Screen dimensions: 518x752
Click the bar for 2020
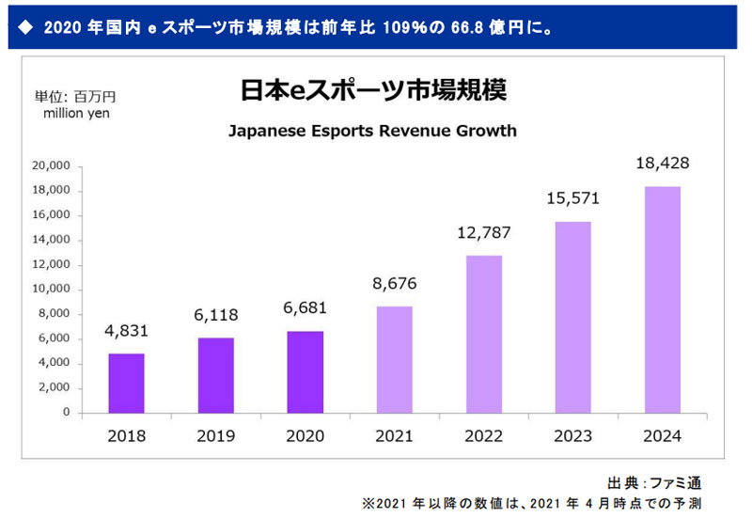[x=305, y=371]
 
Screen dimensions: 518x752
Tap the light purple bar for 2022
[x=485, y=334]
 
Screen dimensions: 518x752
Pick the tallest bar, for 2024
[x=664, y=299]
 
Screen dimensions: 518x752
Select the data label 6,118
[x=215, y=313]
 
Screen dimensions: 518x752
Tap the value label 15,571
[x=573, y=198]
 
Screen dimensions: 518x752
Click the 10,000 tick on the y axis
[x=51, y=289]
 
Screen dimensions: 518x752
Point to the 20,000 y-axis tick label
[x=51, y=165]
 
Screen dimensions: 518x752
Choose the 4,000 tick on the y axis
[x=55, y=363]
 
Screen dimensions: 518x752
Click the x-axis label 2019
[x=215, y=436]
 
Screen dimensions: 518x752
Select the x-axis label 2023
[x=573, y=436]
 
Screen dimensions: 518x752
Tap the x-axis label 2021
[x=395, y=436]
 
